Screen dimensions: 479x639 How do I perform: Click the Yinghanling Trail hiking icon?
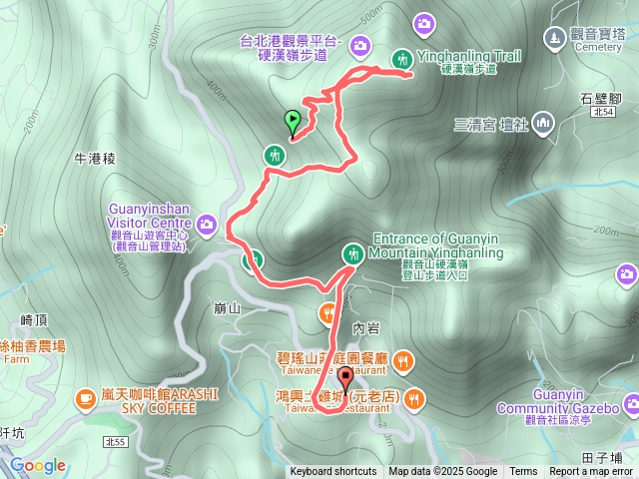(403, 59)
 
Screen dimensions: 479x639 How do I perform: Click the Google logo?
(38, 465)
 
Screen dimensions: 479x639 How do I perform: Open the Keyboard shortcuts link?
(333, 472)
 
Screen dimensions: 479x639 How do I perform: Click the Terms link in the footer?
(523, 472)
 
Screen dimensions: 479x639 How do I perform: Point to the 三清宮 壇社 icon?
(543, 124)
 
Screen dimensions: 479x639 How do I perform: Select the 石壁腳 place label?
(600, 98)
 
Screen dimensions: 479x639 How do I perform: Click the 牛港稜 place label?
(96, 159)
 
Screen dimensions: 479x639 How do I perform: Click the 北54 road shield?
(601, 113)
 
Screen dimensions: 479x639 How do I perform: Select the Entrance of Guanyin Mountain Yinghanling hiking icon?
(352, 253)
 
